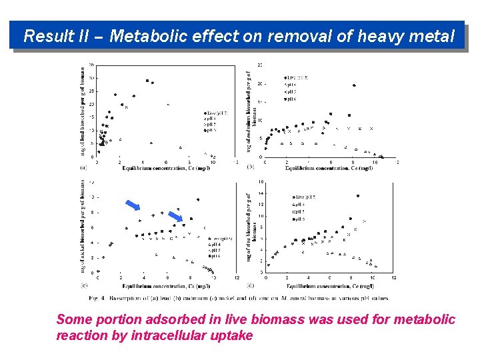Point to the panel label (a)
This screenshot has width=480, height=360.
click(83, 167)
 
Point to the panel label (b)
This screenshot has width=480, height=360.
click(251, 167)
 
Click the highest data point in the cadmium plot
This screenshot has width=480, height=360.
click(353, 85)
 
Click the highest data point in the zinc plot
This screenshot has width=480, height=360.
click(358, 195)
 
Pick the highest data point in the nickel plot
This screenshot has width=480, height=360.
click(197, 199)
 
